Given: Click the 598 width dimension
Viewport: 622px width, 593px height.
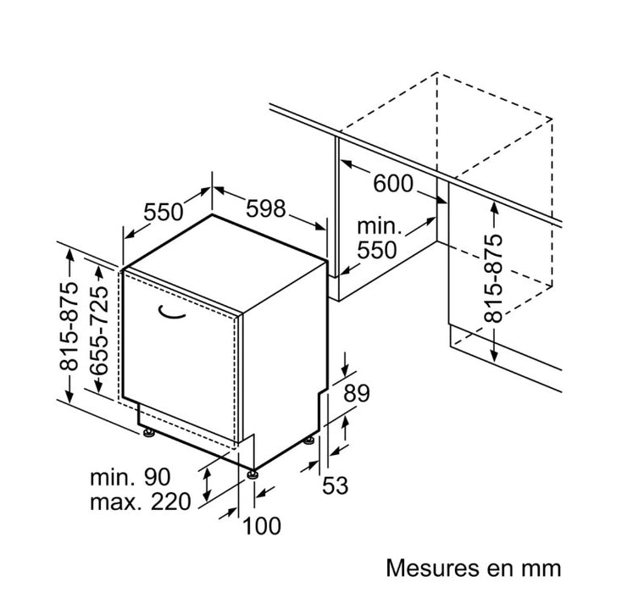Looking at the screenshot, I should (x=267, y=208).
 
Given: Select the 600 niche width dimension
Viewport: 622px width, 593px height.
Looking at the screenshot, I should (x=392, y=182).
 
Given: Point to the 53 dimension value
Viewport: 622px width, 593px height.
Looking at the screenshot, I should (x=336, y=485).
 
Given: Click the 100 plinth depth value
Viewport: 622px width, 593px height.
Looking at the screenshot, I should (x=262, y=526).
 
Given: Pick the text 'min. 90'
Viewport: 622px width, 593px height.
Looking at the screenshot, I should (x=131, y=477).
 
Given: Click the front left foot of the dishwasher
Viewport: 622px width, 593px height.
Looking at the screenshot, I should (x=149, y=434).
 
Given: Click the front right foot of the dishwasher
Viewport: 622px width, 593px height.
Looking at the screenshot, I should (x=253, y=474).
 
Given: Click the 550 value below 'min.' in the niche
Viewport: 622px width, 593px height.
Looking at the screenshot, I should (x=376, y=250).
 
